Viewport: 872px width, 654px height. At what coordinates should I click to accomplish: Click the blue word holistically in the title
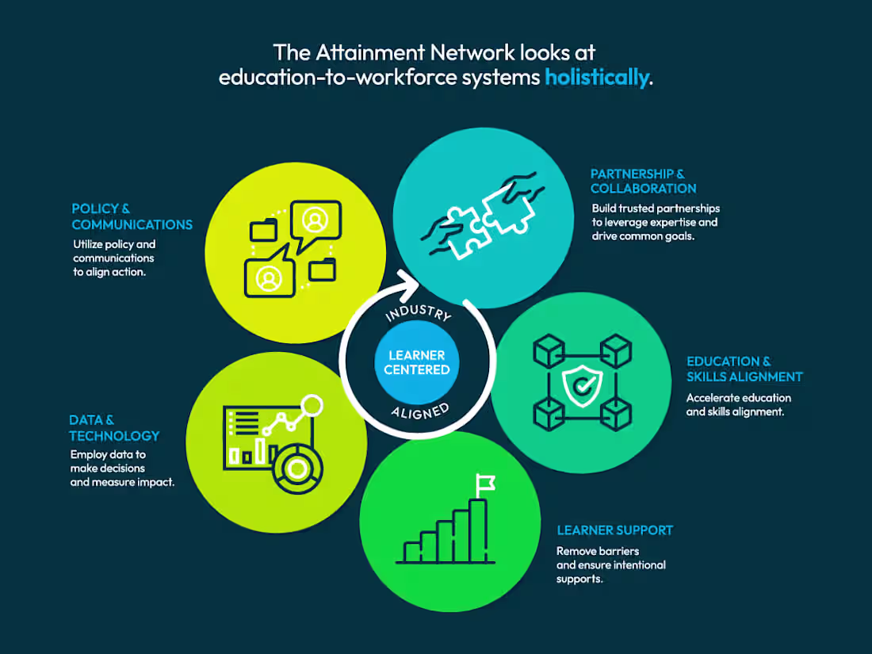[596, 78]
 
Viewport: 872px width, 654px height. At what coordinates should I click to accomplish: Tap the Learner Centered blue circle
[418, 362]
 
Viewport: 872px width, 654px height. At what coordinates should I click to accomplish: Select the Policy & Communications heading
[132, 216]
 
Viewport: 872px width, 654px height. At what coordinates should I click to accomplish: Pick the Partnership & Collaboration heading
[643, 181]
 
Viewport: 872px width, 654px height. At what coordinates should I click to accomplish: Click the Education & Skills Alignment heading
[744, 369]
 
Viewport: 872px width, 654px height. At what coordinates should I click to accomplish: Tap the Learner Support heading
[614, 530]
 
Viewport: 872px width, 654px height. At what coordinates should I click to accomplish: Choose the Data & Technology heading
[114, 428]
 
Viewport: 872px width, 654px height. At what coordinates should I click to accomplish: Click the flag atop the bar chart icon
[485, 481]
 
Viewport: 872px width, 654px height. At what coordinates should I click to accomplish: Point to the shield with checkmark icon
[582, 383]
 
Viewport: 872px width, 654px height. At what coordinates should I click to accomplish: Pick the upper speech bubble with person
[316, 221]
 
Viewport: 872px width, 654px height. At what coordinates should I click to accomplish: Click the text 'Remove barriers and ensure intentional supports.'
[610, 564]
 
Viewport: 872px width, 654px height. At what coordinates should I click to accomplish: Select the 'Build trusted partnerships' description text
[655, 222]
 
